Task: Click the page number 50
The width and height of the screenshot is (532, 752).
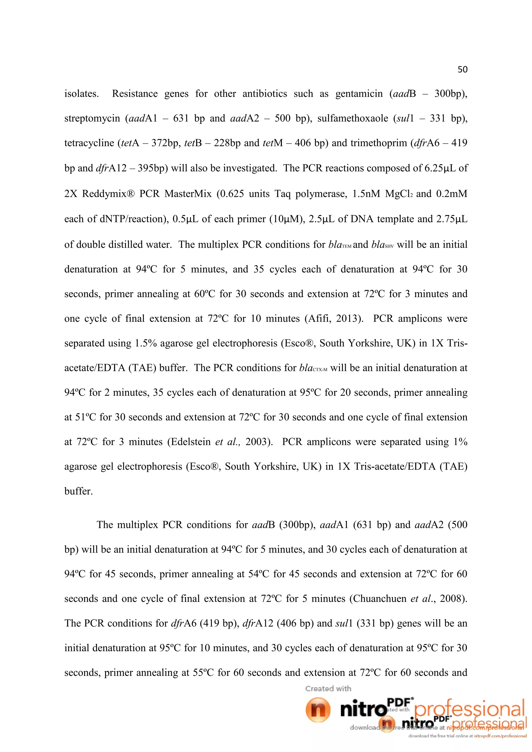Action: (x=462, y=69)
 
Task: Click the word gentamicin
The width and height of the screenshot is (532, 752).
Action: (x=359, y=94)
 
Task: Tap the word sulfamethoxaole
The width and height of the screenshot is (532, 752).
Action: (x=353, y=118)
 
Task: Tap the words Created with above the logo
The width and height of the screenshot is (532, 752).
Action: (x=328, y=688)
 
